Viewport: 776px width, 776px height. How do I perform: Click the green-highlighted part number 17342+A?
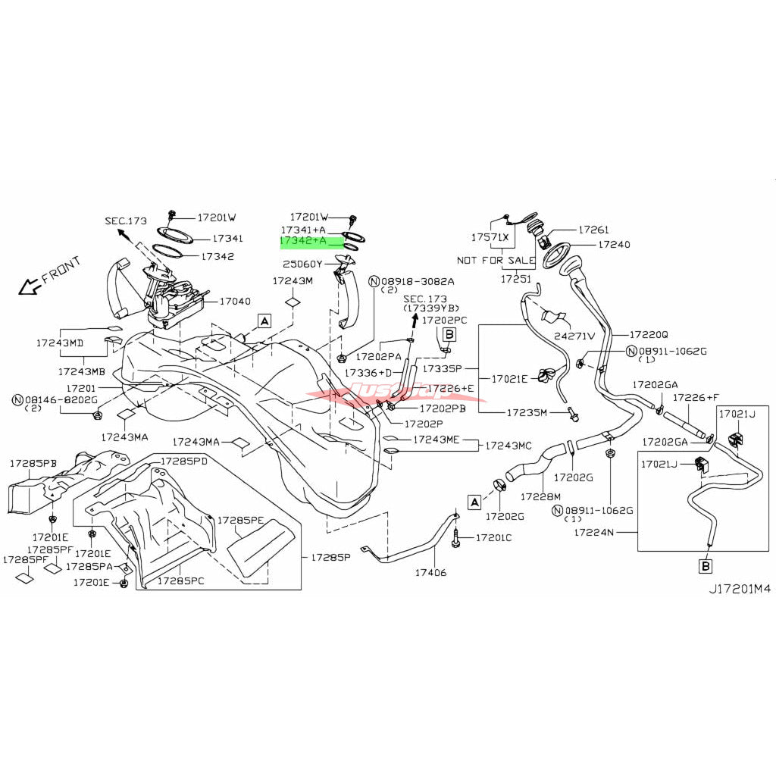(x=303, y=241)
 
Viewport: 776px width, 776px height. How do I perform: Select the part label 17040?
(x=234, y=301)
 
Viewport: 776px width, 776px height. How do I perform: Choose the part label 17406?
(x=431, y=572)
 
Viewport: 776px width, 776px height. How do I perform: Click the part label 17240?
(x=614, y=245)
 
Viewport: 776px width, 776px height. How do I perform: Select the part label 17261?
(x=594, y=228)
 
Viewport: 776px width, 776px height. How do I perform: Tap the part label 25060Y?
(x=303, y=264)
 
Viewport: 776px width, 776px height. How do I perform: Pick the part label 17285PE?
(x=240, y=521)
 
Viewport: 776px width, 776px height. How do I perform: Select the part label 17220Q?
(x=649, y=334)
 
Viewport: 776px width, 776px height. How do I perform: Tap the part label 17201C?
(x=493, y=537)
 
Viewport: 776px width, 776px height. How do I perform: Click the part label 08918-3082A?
(x=416, y=280)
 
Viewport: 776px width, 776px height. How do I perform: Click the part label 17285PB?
(x=33, y=462)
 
